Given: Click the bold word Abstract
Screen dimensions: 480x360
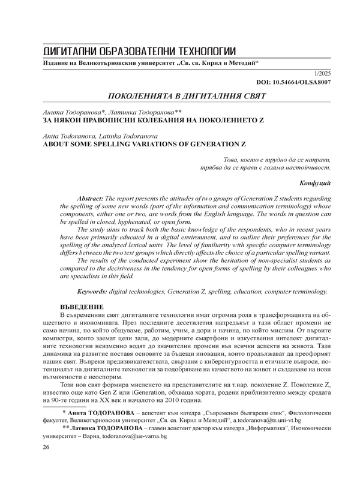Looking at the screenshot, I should [x=91, y=197].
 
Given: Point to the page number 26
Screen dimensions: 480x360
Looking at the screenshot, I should [x=46, y=464].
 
